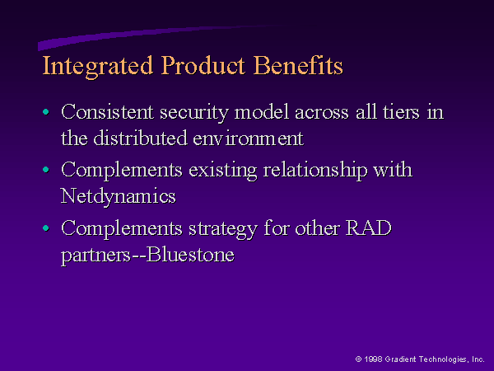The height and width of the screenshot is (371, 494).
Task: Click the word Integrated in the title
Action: pyautogui.click(x=98, y=66)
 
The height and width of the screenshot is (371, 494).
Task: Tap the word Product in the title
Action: pyautogui.click(x=203, y=65)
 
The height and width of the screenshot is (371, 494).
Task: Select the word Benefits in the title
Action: pyautogui.click(x=298, y=65)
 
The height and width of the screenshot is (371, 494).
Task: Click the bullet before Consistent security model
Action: pyautogui.click(x=46, y=111)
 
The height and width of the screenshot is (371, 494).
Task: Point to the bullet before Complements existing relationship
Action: pyautogui.click(x=46, y=170)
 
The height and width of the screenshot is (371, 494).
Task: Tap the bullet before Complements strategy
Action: pyautogui.click(x=46, y=228)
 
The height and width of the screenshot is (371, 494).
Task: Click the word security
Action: pyautogui.click(x=194, y=113)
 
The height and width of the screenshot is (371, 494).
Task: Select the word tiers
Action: pyautogui.click(x=401, y=112)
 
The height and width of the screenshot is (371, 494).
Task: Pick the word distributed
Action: pyautogui.click(x=141, y=138)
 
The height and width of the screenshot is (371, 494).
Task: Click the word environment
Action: pyautogui.click(x=249, y=139)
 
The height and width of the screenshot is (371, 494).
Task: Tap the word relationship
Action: pyautogui.click(x=315, y=171)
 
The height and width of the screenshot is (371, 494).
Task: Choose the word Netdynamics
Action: pyautogui.click(x=118, y=197)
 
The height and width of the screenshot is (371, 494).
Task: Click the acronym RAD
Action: pyautogui.click(x=368, y=228)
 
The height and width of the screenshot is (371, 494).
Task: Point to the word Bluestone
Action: pyautogui.click(x=191, y=254)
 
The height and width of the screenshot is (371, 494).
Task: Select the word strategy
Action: pyautogui.click(x=223, y=229)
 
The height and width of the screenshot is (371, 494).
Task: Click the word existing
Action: pyautogui.click(x=223, y=171)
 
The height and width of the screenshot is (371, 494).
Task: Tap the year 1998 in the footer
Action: pyautogui.click(x=373, y=359)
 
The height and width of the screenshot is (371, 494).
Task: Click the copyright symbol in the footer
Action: pyautogui.click(x=358, y=359)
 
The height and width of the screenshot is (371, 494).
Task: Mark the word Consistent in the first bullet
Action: pyautogui.click(x=107, y=112)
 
